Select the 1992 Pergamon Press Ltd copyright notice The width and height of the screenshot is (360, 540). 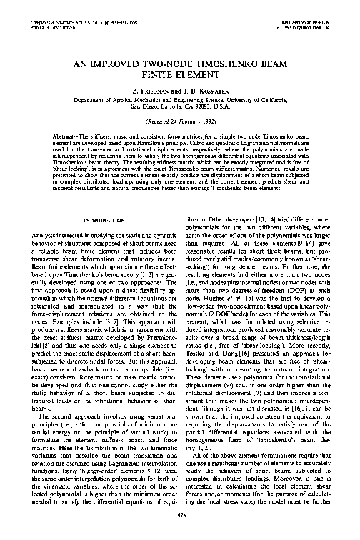301,10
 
